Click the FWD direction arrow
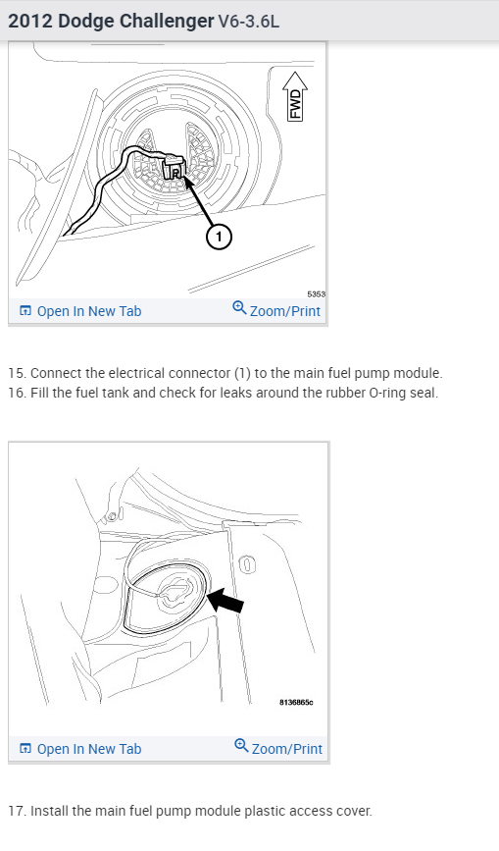(x=295, y=96)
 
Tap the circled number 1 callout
(x=219, y=237)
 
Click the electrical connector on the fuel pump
(x=174, y=168)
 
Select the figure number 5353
(x=317, y=294)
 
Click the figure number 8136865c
(x=296, y=702)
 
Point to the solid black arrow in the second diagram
(x=225, y=602)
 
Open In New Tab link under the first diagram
(x=80, y=311)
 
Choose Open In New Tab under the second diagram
(x=80, y=748)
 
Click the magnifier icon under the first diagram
(x=239, y=308)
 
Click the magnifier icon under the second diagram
(x=241, y=746)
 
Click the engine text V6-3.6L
(x=249, y=22)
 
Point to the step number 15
(x=17, y=373)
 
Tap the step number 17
(x=17, y=811)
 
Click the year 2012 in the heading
(x=30, y=22)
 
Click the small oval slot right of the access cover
(x=246, y=564)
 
